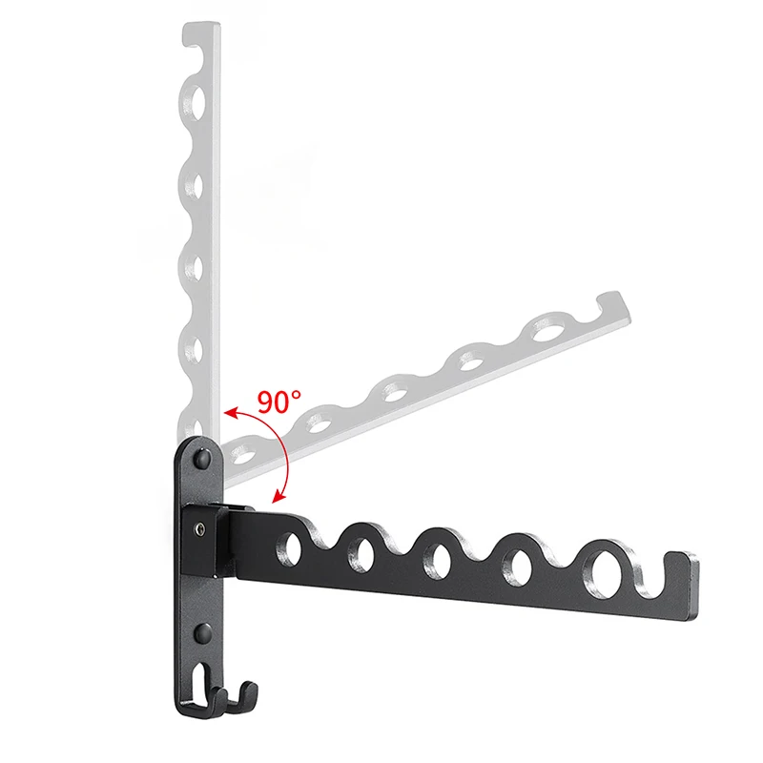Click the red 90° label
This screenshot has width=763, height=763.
(x=278, y=402)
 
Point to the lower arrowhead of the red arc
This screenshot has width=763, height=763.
(x=278, y=496)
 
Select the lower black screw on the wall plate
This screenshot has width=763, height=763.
(x=203, y=632)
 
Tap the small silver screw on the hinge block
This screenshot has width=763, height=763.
(x=200, y=527)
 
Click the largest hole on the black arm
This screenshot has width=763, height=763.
(x=604, y=569)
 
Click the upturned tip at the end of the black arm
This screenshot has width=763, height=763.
(x=681, y=565)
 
